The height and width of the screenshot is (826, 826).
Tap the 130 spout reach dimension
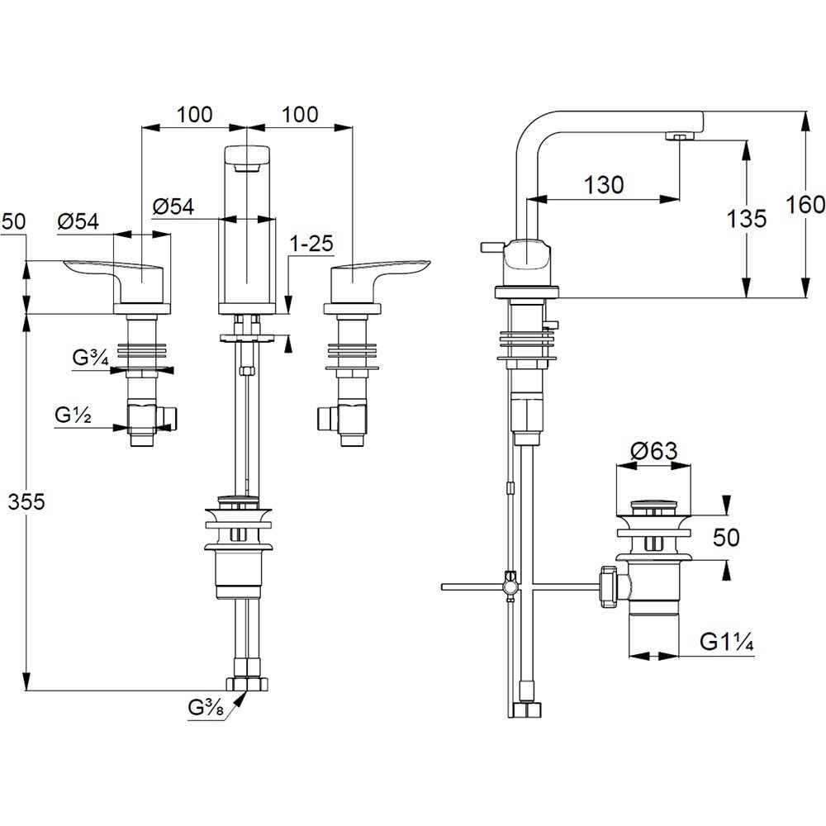(605, 185)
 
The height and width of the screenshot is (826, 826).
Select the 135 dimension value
(748, 219)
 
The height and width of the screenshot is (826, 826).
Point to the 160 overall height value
(806, 203)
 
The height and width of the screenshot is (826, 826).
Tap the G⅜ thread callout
(205, 708)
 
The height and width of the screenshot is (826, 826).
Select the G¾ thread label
(90, 358)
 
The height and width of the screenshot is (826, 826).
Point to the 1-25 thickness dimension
(311, 244)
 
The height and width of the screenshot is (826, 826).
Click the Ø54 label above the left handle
(78, 221)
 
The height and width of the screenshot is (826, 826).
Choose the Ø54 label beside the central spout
(173, 206)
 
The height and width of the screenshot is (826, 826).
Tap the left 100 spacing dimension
(194, 115)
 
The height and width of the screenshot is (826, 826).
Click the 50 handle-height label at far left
(14, 221)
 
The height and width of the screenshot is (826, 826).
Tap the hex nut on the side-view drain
(610, 585)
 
